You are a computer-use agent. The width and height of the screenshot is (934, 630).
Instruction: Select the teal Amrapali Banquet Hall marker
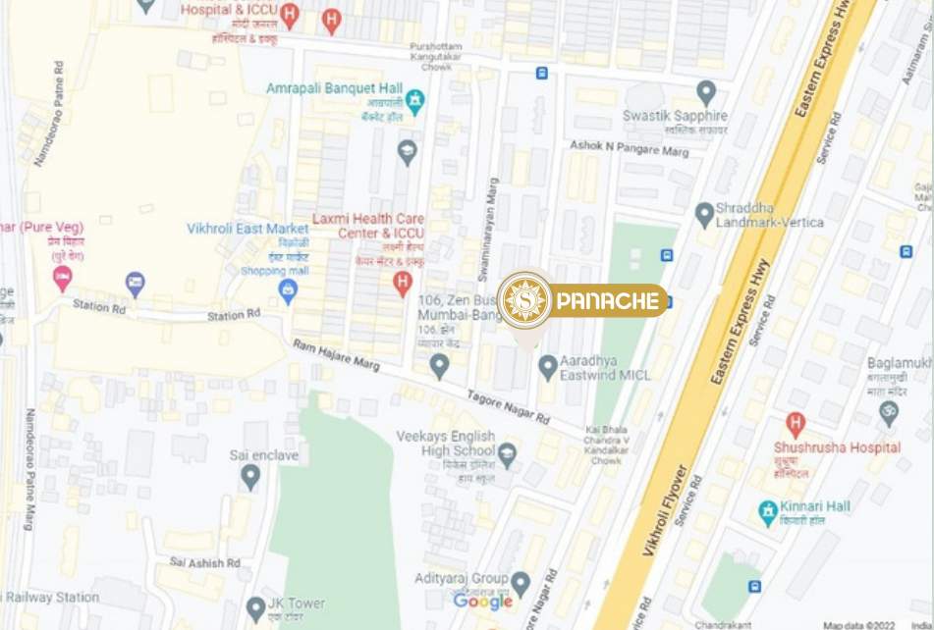[415, 100]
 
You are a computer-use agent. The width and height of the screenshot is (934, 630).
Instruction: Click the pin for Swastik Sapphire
[706, 92]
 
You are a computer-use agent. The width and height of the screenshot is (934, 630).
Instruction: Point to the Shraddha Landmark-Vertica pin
[704, 214]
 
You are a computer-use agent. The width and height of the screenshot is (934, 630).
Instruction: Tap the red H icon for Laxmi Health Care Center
[402, 284]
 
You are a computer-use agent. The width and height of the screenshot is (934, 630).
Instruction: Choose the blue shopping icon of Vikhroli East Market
[288, 290]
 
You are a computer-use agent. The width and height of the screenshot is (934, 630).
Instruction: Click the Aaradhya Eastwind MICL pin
[548, 367]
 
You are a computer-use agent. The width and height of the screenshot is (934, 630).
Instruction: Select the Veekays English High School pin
[507, 454]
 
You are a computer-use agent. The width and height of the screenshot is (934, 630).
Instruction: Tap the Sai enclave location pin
[250, 477]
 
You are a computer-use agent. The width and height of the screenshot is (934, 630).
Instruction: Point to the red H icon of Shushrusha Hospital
[796, 424]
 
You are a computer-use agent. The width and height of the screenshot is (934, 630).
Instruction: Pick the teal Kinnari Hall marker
[768, 512]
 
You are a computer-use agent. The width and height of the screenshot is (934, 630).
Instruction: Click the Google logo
[482, 602]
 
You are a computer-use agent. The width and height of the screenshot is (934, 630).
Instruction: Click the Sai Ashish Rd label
[205, 562]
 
